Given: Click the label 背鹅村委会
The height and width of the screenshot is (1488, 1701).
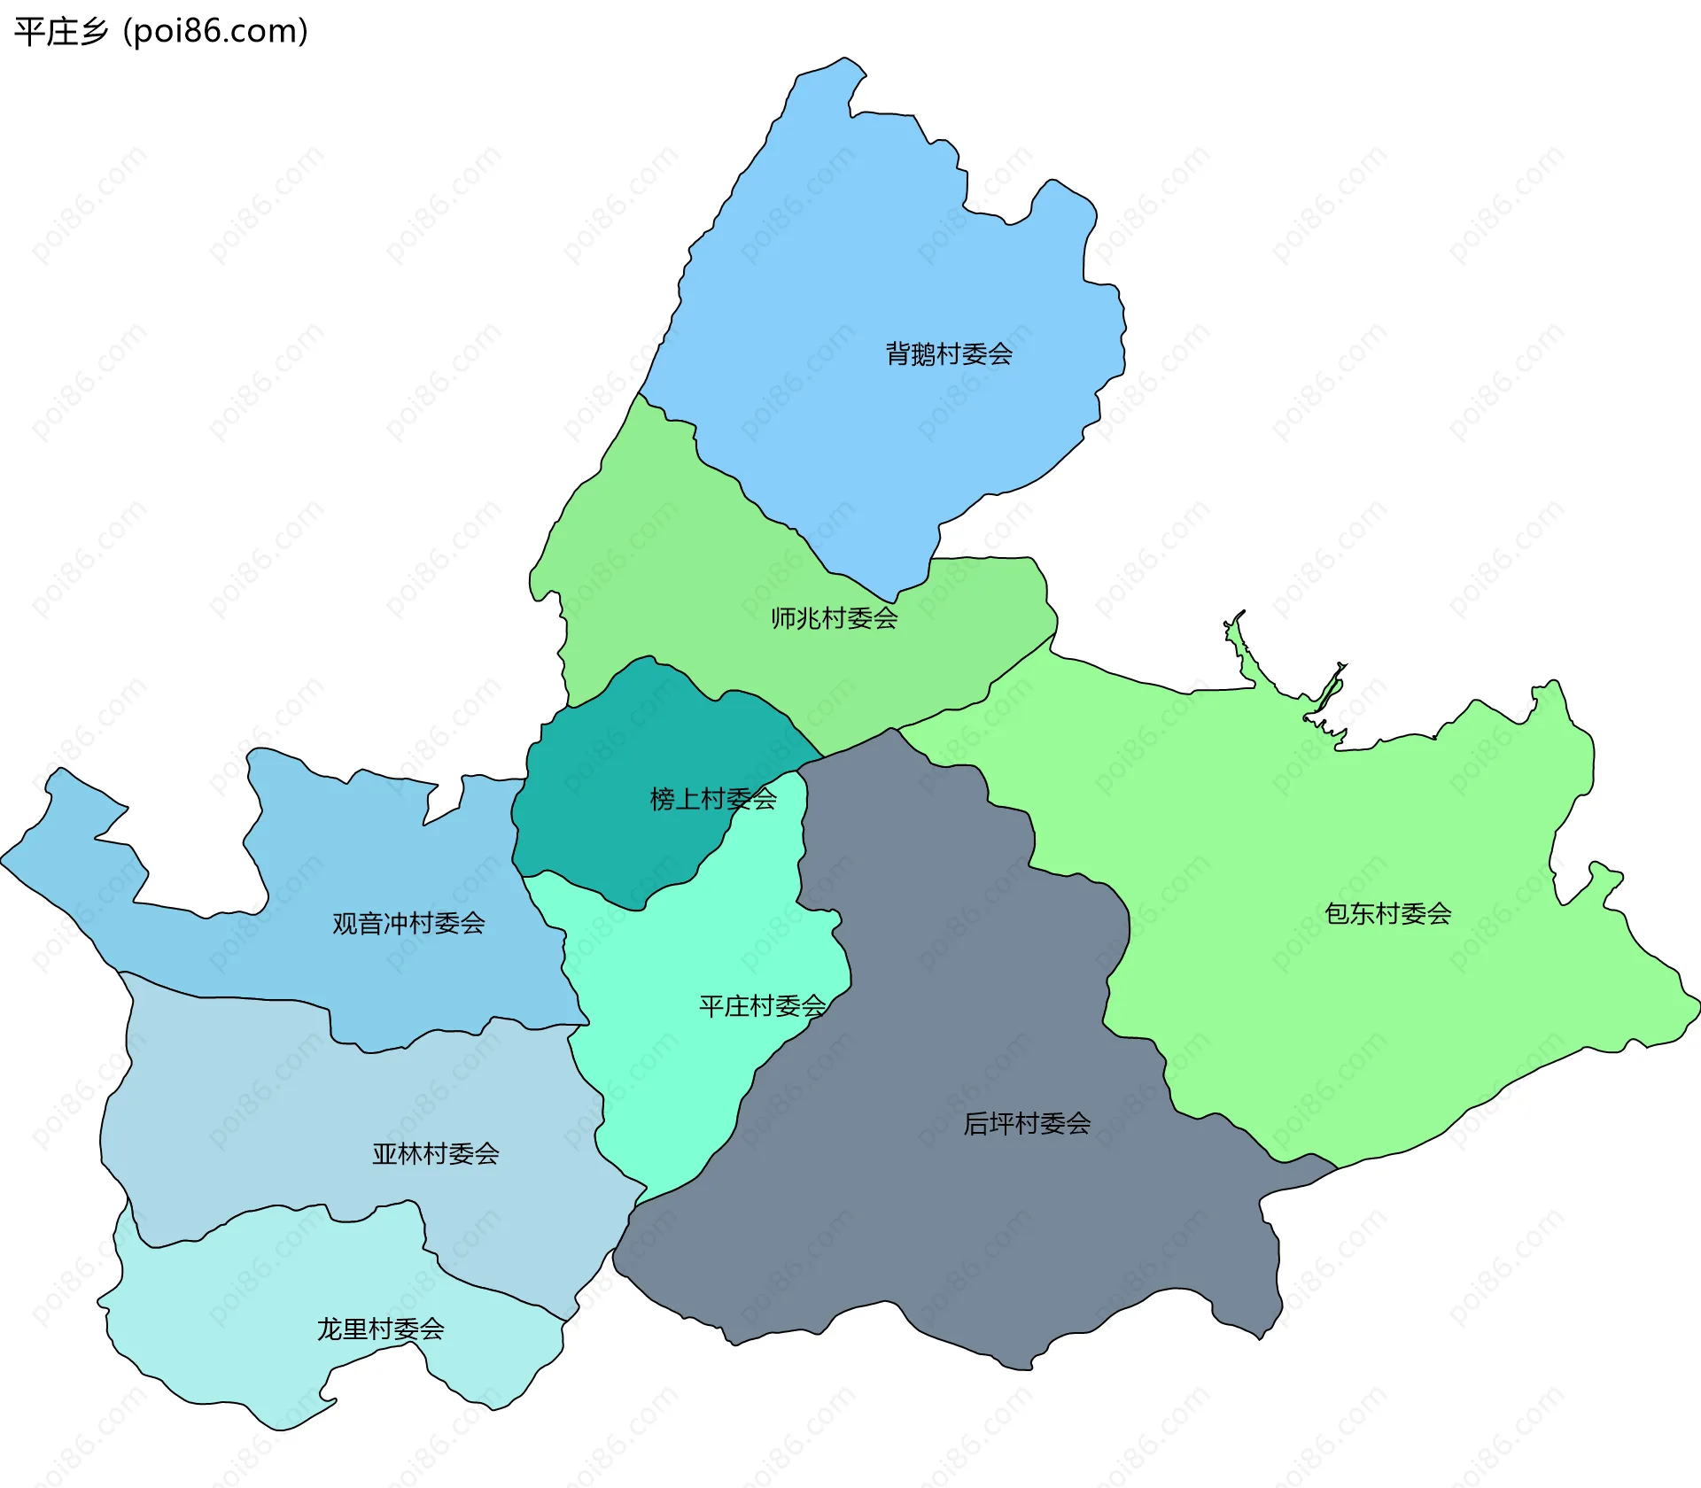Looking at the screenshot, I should [949, 354].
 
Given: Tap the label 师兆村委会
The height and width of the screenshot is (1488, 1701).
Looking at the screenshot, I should [834, 618].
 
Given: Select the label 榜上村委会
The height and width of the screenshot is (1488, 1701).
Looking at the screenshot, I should [713, 800].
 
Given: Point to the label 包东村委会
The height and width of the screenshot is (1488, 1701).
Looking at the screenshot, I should [1387, 914].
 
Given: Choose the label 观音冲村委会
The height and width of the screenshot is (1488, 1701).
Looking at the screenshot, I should [408, 924].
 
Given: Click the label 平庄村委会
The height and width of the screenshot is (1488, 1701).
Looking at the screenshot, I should [762, 1006].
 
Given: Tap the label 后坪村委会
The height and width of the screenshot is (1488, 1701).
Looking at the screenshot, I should [1027, 1124].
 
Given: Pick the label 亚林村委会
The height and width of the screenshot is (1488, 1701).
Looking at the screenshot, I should [435, 1154].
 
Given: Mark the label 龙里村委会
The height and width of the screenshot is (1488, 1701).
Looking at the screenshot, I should [380, 1329].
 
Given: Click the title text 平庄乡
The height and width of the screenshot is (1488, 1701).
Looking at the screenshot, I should [61, 32].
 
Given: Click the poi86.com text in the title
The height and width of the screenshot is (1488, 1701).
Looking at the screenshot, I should [216, 32].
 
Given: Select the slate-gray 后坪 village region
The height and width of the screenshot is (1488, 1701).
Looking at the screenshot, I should [930, 1240].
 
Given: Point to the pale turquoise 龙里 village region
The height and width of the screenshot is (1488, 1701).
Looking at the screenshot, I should [248, 1329].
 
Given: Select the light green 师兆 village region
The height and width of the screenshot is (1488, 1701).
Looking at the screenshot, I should [673, 567].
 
